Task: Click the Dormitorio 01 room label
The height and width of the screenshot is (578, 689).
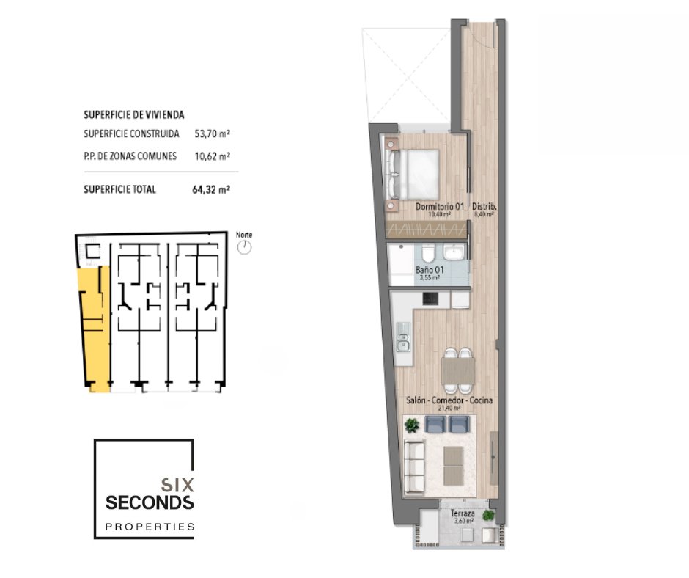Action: (x=440, y=206)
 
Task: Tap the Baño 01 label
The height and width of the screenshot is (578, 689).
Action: (x=430, y=269)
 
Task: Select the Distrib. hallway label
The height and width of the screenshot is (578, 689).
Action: (x=484, y=206)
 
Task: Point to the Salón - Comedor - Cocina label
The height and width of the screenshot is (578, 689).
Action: (x=449, y=400)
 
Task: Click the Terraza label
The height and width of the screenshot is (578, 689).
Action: (x=463, y=513)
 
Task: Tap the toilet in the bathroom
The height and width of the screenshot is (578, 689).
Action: (x=427, y=254)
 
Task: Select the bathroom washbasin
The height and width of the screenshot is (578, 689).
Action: (x=454, y=252)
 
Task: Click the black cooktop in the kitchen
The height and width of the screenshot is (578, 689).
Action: (x=430, y=299)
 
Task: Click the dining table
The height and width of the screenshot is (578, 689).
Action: (x=458, y=370)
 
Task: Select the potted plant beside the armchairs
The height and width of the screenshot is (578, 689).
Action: (x=412, y=425)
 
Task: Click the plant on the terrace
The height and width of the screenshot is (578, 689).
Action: (x=488, y=515)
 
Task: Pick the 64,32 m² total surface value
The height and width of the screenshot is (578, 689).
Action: (x=211, y=189)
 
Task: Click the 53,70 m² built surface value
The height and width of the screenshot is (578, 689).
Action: (x=213, y=133)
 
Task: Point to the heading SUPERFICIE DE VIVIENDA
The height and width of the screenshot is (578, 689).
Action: (x=134, y=115)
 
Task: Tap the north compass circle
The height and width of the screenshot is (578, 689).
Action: (x=244, y=247)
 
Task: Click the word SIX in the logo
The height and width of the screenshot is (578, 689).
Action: (x=177, y=485)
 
